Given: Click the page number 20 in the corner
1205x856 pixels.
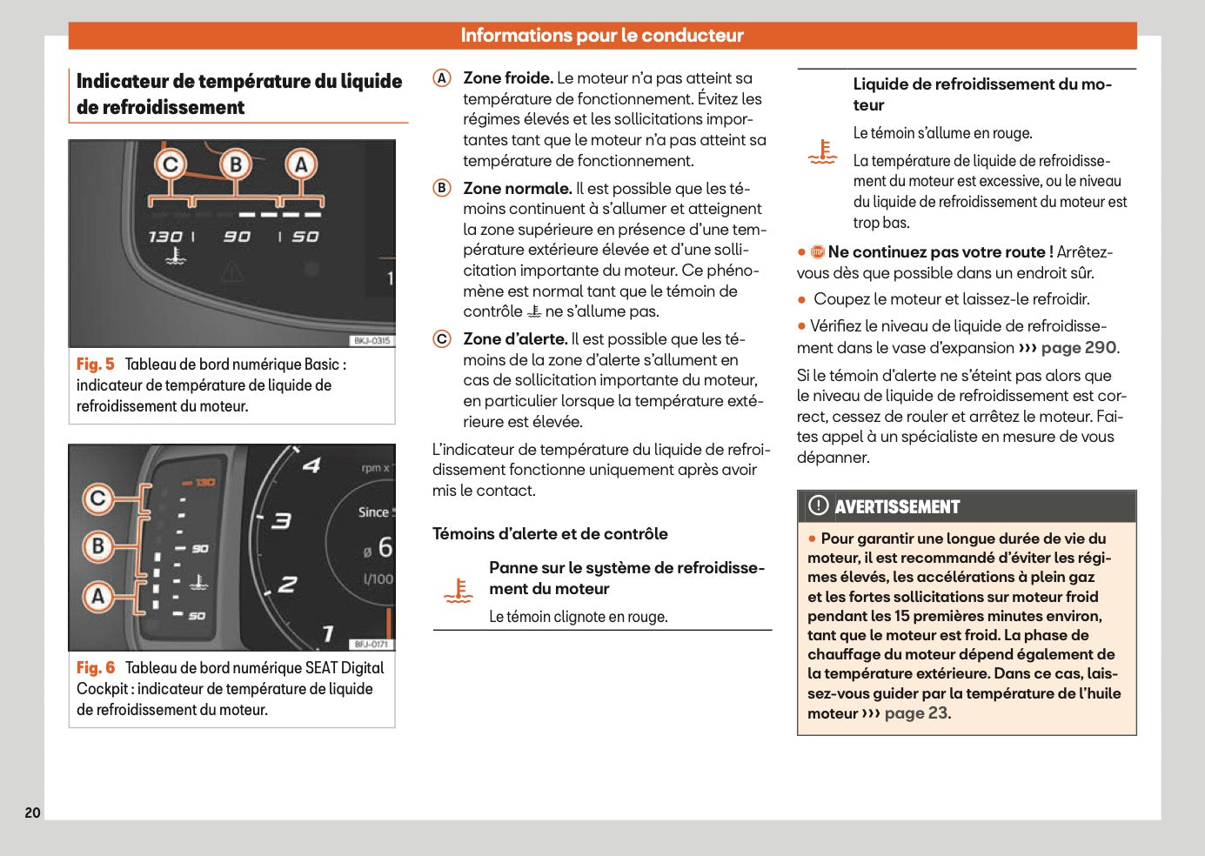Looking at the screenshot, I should [x=32, y=813].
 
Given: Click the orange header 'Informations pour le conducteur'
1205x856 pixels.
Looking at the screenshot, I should [x=602, y=36].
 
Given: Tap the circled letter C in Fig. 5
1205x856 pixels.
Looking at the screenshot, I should [x=171, y=164].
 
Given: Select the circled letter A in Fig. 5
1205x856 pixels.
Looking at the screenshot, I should [x=301, y=164].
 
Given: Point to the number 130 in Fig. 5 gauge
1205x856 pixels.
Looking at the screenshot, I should [x=165, y=237].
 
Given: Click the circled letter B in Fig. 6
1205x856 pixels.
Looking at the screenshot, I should [x=98, y=546].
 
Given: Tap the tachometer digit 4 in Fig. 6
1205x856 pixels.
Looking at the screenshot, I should [x=311, y=465].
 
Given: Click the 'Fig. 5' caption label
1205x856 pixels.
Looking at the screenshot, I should [x=95, y=364].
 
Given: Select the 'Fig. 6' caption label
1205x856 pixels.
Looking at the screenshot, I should [x=95, y=668].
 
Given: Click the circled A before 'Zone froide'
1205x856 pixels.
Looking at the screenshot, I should [x=442, y=78].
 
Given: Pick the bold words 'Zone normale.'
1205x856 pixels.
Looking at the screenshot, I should [x=517, y=189].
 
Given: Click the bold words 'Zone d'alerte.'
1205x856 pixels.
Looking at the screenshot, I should [x=515, y=339].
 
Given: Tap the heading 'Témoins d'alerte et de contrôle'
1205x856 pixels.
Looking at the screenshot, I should [x=550, y=534].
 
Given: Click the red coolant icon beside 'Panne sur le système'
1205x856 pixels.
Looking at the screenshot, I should [x=459, y=592].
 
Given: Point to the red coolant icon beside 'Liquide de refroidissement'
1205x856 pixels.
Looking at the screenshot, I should [x=822, y=152].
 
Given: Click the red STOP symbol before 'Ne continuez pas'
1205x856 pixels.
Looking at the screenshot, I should [x=817, y=252].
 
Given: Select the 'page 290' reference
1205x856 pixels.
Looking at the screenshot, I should [x=1079, y=348].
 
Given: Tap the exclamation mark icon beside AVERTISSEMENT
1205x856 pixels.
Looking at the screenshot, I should [x=818, y=505].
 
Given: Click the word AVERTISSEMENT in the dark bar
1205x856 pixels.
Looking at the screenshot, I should [x=897, y=507].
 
